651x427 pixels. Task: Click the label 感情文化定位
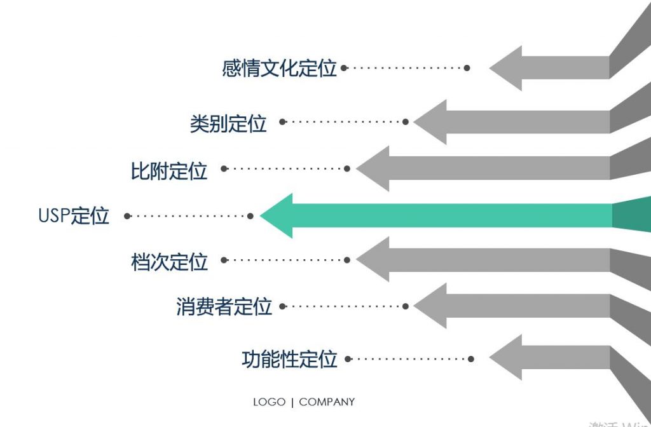pyautogui.click(x=279, y=68)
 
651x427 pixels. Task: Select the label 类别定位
pyautogui.click(x=228, y=123)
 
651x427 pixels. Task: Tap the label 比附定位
pyautogui.click(x=169, y=170)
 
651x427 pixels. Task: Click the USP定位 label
pyautogui.click(x=74, y=216)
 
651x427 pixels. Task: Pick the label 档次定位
pyautogui.click(x=169, y=261)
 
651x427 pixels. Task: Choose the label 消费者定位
pyautogui.click(x=224, y=307)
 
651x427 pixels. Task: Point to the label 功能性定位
pyautogui.click(x=289, y=360)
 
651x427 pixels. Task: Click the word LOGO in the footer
pyautogui.click(x=269, y=402)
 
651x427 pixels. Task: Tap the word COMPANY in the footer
pyautogui.click(x=327, y=402)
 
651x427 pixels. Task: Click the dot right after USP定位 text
pyautogui.click(x=127, y=216)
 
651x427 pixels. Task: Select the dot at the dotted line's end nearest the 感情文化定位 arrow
pyautogui.click(x=467, y=68)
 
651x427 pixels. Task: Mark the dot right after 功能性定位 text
pyautogui.click(x=350, y=359)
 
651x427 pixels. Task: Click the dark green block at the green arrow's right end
pyautogui.click(x=631, y=214)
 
